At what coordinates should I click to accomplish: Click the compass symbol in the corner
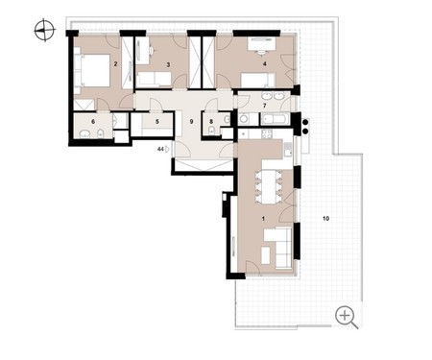pos(45,31)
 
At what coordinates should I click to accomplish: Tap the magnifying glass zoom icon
pos(347,317)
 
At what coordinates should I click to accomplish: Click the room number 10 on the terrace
pos(325,219)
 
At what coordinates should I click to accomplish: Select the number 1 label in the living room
pos(263,219)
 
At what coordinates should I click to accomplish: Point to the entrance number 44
pos(160,149)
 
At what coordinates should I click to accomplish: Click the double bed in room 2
pos(92,70)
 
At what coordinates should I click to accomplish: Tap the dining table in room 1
pos(269,187)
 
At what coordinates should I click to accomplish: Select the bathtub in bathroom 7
pos(276,120)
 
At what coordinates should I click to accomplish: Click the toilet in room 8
pos(211,131)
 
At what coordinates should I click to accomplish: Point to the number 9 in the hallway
pos(192,122)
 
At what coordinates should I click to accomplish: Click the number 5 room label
pos(157,122)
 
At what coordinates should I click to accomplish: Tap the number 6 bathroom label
pos(93,122)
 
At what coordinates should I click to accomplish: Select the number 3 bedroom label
pos(168,64)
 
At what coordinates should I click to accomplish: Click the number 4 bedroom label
pos(264,64)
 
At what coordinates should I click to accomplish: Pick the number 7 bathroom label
pos(264,106)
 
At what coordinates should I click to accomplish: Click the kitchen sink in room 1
pos(288,149)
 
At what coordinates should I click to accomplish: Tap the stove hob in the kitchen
pos(267,133)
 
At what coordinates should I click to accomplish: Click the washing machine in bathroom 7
pos(244,119)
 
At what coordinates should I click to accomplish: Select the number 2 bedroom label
pos(115,64)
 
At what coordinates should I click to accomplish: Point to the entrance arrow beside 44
pos(167,149)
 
